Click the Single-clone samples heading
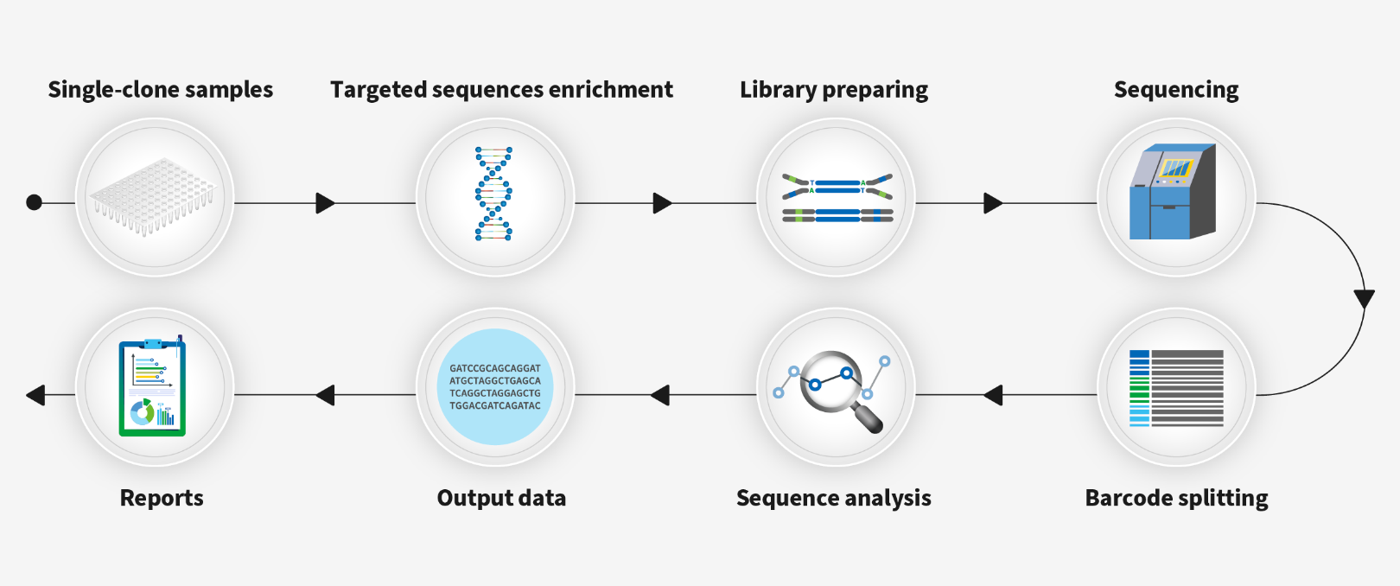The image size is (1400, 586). click(x=160, y=90)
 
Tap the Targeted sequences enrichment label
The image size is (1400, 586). click(x=501, y=90)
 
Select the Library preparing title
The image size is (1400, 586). click(x=834, y=90)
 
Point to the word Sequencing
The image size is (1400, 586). click(x=1176, y=90)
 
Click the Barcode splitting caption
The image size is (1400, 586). click(x=1176, y=498)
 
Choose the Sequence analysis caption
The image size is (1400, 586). click(x=834, y=498)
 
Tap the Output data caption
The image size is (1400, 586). click(x=501, y=498)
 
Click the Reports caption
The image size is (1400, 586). click(x=162, y=498)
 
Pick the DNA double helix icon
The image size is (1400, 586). click(x=493, y=194)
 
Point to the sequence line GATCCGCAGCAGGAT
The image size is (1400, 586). click(x=495, y=368)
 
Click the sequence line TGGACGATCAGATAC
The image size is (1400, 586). click(x=495, y=405)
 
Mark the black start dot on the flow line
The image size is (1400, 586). click(x=35, y=202)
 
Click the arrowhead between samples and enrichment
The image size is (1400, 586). click(x=325, y=203)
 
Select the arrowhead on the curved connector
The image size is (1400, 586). click(x=1364, y=299)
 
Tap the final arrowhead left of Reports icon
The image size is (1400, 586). click(x=35, y=395)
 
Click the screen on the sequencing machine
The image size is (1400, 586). click(x=1174, y=168)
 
